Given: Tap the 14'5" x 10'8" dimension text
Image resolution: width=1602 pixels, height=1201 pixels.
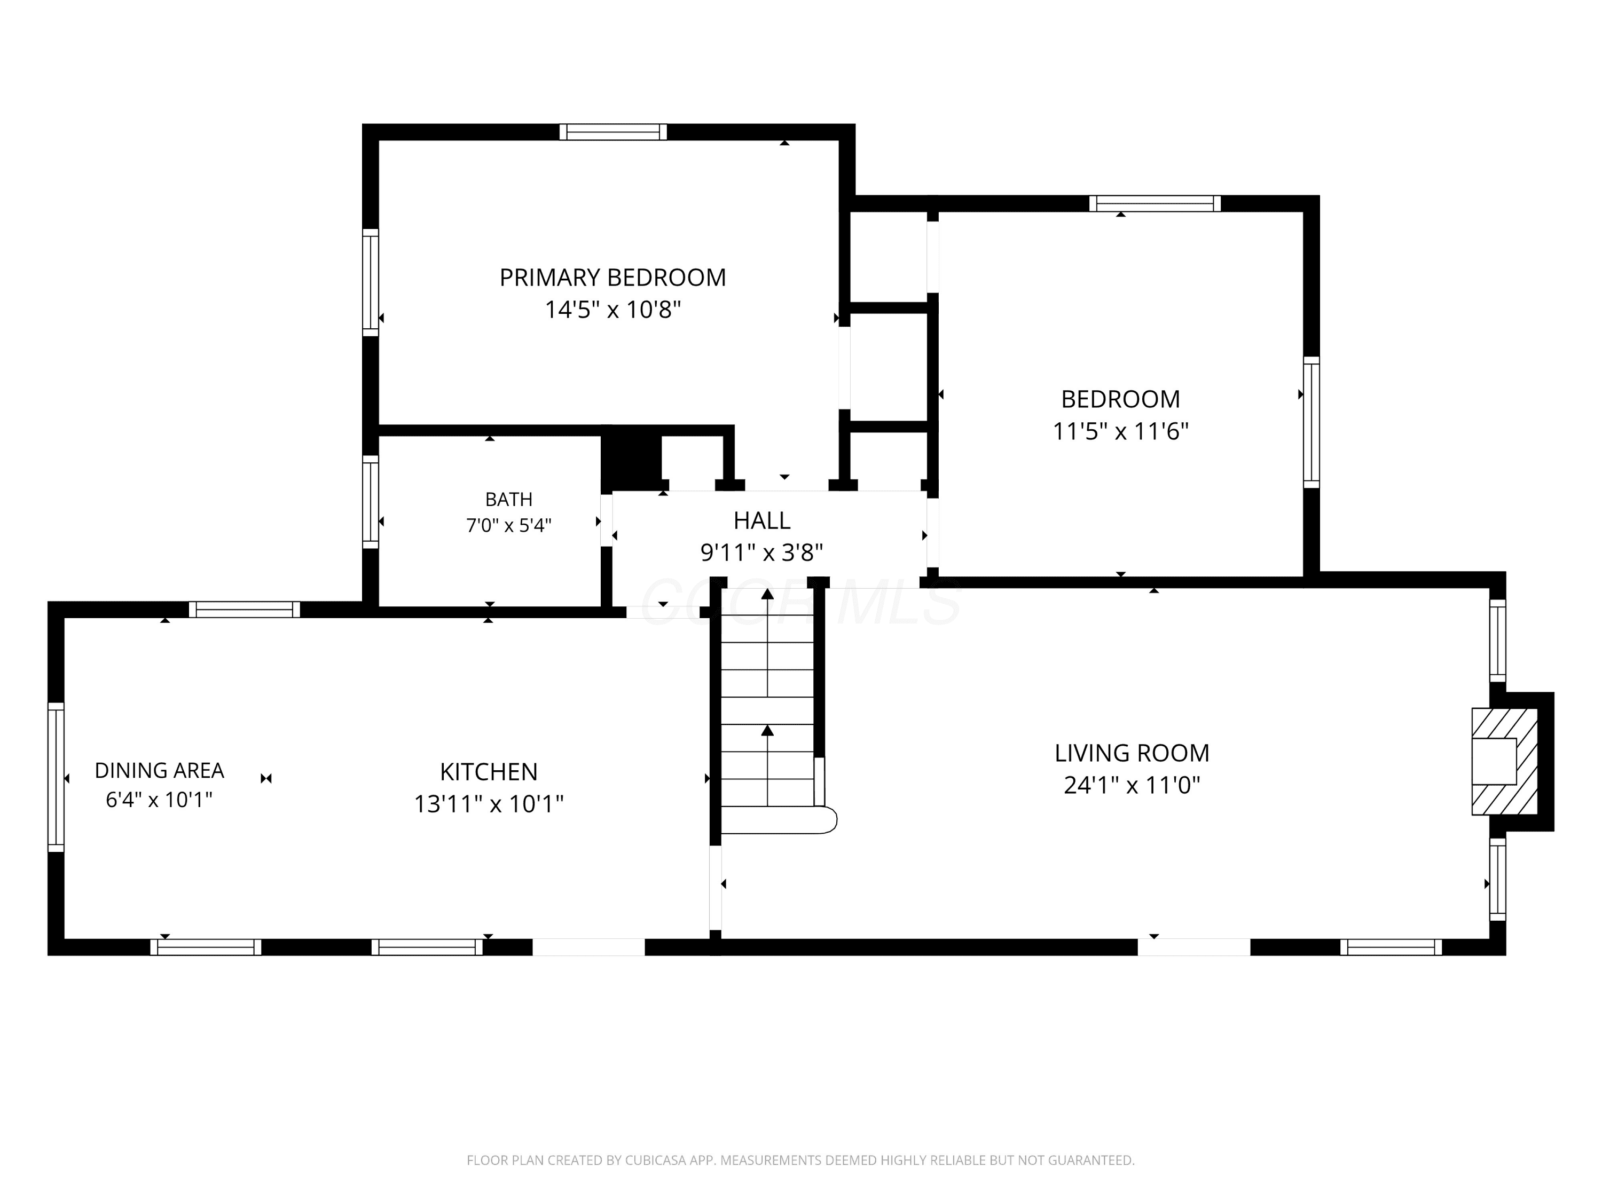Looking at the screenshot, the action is [x=612, y=310].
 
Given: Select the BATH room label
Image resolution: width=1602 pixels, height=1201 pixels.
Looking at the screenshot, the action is [x=508, y=500].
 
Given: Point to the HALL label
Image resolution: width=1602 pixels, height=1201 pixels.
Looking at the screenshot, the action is [x=762, y=520].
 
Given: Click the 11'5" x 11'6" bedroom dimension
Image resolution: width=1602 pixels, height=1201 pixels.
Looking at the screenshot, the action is [x=1120, y=431].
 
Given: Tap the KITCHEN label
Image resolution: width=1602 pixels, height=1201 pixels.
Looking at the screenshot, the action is [x=489, y=772].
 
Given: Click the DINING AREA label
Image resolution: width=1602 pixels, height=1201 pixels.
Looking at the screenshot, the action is [x=159, y=770].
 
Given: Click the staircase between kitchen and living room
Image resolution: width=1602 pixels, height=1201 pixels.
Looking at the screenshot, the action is [x=768, y=709].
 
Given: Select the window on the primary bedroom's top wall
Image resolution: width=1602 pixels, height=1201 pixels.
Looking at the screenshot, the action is [x=612, y=132].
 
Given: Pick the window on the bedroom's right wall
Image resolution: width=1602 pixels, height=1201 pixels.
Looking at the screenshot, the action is [x=1311, y=422].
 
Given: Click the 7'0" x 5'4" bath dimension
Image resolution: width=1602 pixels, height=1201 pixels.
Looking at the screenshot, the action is [x=508, y=525].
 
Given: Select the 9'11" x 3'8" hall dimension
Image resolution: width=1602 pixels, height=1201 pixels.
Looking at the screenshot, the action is [x=762, y=553].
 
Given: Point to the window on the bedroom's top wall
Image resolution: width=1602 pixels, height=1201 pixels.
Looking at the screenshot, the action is [x=1155, y=203].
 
